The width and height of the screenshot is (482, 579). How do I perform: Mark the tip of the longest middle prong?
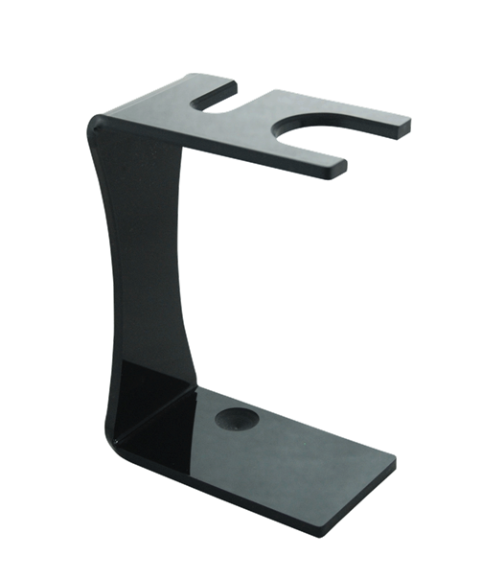[406, 123]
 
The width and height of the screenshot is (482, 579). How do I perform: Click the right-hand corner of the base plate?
[393, 461]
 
